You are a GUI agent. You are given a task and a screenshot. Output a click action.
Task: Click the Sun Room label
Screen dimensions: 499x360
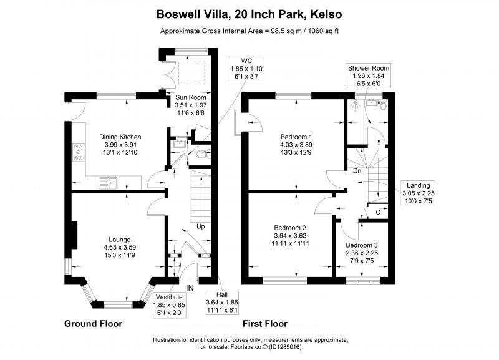[191, 97]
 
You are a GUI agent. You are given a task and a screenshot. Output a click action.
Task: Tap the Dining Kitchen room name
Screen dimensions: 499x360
[120, 137]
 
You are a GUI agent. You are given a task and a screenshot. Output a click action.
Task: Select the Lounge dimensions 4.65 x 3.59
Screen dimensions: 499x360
[120, 247]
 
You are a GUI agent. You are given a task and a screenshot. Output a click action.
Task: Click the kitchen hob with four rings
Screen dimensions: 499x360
[79, 152]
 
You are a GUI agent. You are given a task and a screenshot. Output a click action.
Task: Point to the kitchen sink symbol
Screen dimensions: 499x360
[108, 183]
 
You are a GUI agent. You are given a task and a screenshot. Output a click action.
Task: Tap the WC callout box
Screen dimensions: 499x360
[246, 69]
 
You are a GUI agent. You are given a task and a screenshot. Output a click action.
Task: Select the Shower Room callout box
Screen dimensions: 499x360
[368, 75]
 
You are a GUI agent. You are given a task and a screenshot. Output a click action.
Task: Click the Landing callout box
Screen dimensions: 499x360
[419, 193]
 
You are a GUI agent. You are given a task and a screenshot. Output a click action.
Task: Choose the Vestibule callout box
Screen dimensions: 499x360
[169, 305]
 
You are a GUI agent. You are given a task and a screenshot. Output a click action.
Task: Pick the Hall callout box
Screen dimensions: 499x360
[222, 303]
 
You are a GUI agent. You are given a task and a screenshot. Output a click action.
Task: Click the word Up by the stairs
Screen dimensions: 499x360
[200, 226]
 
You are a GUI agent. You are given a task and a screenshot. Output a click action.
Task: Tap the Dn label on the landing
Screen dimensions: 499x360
[357, 171]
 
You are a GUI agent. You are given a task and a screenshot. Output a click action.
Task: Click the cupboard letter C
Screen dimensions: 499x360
[378, 212]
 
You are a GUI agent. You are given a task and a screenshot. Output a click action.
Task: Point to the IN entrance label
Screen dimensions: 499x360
[190, 288]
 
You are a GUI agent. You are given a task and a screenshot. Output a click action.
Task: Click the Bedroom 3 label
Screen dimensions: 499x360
[362, 245]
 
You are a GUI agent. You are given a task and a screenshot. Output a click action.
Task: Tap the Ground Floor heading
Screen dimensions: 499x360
[93, 324]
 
